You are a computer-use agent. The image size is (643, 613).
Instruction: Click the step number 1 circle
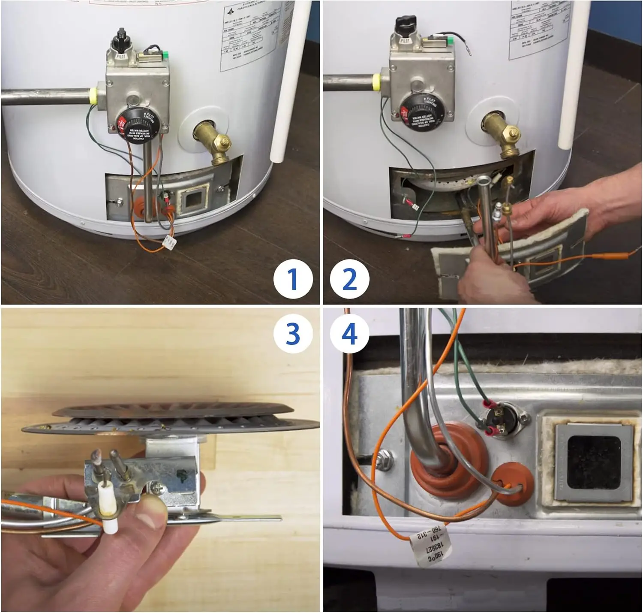[x=293, y=279]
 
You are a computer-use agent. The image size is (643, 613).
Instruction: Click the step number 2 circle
[x=349, y=279]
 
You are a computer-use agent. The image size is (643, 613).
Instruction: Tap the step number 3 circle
[x=293, y=334]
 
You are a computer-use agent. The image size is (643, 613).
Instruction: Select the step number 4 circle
[x=349, y=334]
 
